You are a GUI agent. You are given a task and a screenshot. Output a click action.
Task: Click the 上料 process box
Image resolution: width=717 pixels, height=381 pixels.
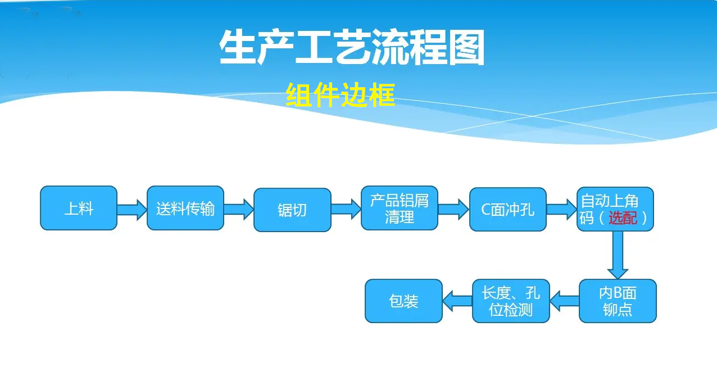[79, 208]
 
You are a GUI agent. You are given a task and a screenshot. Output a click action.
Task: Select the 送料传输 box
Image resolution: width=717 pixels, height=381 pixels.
[185, 208]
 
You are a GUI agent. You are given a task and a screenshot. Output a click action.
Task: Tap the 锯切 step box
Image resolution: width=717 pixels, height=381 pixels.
[292, 210]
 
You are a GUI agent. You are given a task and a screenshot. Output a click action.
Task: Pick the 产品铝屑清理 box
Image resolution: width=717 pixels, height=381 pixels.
[399, 208]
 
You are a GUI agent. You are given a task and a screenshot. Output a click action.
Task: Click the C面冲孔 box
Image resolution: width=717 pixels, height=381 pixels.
[508, 209]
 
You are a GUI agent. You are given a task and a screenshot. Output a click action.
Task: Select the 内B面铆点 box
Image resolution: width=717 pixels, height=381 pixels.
[618, 301]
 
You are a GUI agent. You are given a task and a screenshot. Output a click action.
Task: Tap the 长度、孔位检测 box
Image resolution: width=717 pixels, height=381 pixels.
[511, 301]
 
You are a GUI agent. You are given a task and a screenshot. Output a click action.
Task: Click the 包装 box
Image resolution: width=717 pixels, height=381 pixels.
[403, 301]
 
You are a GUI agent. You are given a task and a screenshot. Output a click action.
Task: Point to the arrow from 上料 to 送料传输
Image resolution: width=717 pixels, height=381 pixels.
[132, 209]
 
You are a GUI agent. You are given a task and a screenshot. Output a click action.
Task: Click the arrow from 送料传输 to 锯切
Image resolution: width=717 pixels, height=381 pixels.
[239, 209]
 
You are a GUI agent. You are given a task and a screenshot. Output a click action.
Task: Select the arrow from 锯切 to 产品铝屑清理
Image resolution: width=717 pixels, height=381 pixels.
[346, 209]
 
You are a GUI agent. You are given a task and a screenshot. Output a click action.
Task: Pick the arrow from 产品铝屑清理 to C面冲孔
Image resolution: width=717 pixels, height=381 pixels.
[453, 209]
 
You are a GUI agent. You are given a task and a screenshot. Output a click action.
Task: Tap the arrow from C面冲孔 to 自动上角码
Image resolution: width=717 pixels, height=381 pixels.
[561, 209]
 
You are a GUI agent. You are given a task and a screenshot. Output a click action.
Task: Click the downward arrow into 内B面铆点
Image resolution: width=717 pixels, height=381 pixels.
[618, 254]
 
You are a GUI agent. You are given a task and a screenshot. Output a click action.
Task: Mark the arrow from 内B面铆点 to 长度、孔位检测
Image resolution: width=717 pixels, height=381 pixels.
[564, 301]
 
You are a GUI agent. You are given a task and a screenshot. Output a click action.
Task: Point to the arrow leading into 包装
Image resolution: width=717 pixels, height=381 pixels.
[457, 301]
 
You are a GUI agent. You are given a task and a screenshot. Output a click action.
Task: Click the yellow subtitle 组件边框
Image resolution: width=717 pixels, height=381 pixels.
[341, 94]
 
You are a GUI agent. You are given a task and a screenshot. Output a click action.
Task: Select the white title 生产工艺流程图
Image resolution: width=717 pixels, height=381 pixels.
[352, 48]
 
